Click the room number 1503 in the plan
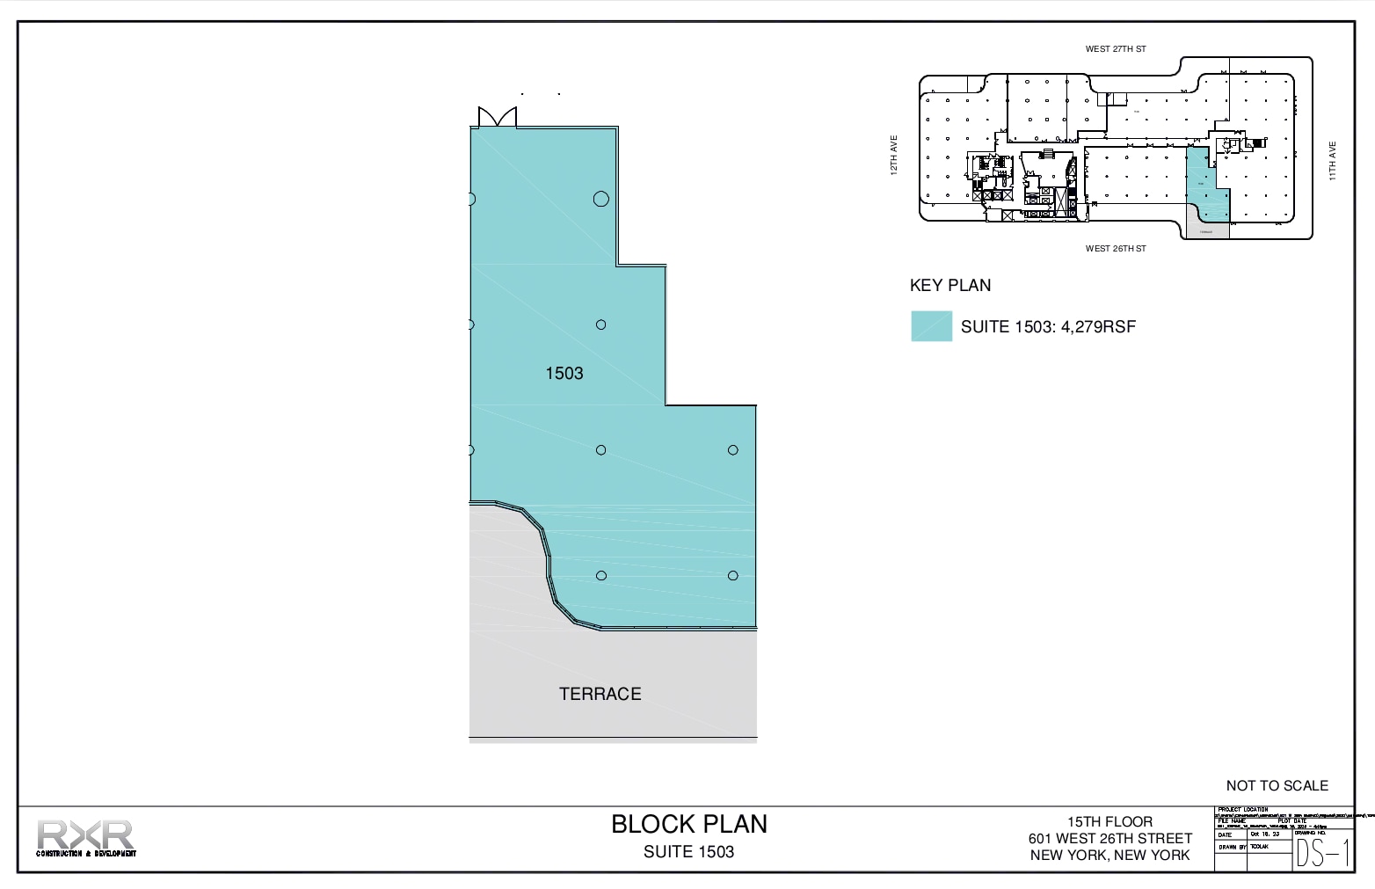(564, 374)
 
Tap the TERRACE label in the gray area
(600, 694)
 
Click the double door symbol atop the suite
(497, 117)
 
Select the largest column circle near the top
(600, 199)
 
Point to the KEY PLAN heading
(949, 286)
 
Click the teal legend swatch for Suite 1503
(931, 326)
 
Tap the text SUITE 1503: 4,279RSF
(1048, 327)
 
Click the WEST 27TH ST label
(1115, 49)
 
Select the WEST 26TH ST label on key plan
(1115, 249)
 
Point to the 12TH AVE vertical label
(894, 155)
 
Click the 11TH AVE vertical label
(1332, 161)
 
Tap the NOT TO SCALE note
(1277, 785)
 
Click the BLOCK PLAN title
(688, 824)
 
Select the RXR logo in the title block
(85, 837)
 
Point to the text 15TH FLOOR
(1109, 821)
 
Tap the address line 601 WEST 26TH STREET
(1109, 838)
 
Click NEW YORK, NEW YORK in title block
(1109, 855)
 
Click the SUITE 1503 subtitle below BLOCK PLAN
(688, 852)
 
